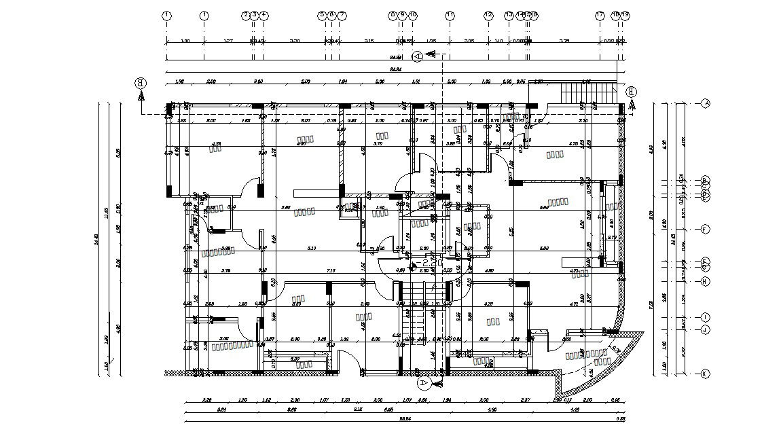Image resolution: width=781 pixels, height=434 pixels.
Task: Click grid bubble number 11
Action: pyautogui.click(x=450, y=14)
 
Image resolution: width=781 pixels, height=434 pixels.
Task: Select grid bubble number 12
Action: pyautogui.click(x=488, y=14)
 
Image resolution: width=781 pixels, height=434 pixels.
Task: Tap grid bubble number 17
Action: pyautogui.click(x=600, y=14)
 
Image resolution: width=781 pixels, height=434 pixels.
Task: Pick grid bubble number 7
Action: pyautogui.click(x=342, y=14)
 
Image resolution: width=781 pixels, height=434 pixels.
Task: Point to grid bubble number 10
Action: pyautogui.click(x=413, y=14)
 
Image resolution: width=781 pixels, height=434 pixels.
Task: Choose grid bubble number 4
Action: pyautogui.click(x=264, y=14)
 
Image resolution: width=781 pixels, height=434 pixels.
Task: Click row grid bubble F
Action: pyautogui.click(x=705, y=229)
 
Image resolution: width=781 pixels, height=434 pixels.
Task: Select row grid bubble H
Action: pyautogui.click(x=705, y=281)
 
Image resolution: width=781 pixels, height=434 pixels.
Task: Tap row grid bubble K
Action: pyautogui.click(x=705, y=374)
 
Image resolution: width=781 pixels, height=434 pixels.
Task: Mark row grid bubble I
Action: pyautogui.click(x=705, y=317)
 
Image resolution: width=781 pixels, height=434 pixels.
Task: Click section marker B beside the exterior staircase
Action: pyautogui.click(x=632, y=92)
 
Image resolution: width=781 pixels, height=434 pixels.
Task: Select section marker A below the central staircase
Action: pyautogui.click(x=424, y=384)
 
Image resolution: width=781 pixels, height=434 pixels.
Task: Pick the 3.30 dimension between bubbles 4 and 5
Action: pyautogui.click(x=294, y=41)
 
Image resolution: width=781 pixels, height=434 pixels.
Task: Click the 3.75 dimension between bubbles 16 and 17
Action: pyautogui.click(x=564, y=41)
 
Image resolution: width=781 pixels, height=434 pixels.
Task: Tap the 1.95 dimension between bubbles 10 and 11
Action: pyautogui.click(x=431, y=41)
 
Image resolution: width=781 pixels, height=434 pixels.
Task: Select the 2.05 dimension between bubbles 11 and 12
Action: pyautogui.click(x=469, y=41)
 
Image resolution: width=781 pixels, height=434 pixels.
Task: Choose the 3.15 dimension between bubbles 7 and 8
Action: pyautogui.click(x=369, y=41)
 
